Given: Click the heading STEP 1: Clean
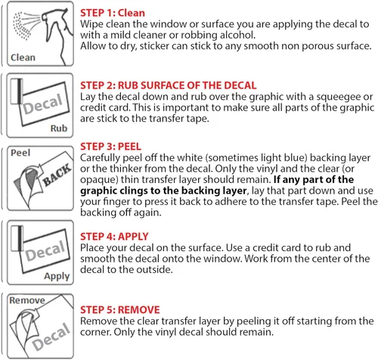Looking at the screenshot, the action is coord(113,13).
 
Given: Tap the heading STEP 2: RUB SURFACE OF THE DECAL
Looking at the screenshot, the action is coord(169,85).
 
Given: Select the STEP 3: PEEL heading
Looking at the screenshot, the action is coord(110,147).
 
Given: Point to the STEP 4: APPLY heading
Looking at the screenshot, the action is coord(114,237).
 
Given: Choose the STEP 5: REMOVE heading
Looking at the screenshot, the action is coord(120,310).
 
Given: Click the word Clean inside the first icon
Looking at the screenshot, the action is coord(23,57).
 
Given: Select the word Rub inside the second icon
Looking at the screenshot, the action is coord(59,129).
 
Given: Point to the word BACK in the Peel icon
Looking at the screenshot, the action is coord(57,175).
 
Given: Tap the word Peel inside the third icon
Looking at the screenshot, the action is coord(20,153).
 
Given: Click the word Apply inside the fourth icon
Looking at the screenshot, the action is coord(57,276).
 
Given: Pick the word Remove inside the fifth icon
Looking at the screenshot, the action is coord(27,300).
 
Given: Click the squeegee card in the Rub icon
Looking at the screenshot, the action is coord(17,92).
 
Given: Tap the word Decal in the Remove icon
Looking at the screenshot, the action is coord(51,337).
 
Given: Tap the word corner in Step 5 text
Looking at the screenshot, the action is coord(95,332).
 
